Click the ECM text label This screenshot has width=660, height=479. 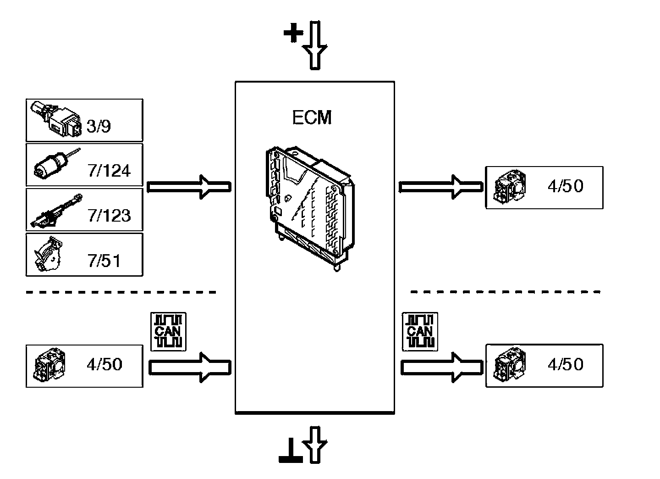312,117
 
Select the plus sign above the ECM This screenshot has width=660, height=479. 293,33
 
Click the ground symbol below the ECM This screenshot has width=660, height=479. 291,454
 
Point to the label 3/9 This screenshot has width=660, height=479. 99,126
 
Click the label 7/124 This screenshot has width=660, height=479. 109,171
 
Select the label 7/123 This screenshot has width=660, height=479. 109,215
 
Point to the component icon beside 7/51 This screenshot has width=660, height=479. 49,254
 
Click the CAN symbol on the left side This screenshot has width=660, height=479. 169,331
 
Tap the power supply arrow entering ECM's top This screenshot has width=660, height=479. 316,45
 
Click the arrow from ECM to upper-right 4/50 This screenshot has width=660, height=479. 440,187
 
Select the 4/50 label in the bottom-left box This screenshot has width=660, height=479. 104,364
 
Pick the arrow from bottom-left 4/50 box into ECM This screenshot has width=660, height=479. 190,367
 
